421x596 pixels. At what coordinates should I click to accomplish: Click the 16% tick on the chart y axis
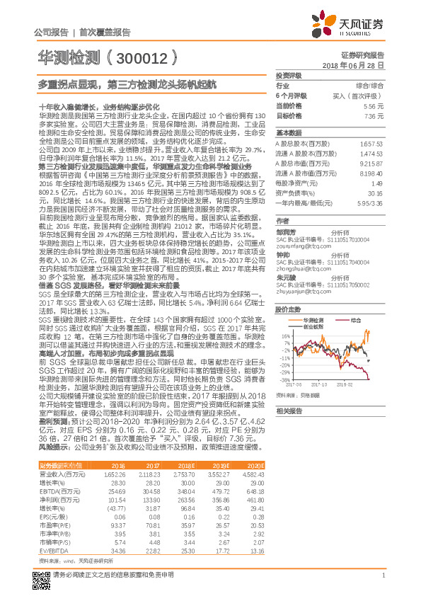coord(285,336)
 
